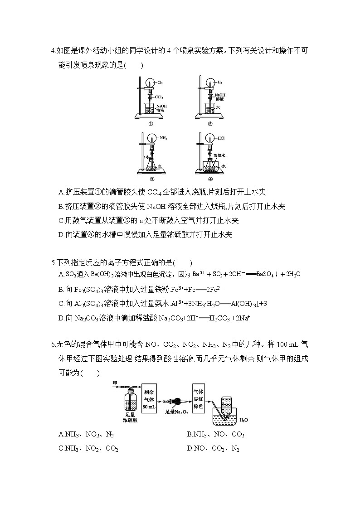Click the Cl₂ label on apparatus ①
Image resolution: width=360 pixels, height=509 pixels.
coord(160,82)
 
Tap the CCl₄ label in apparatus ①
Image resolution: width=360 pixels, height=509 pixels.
coord(159,97)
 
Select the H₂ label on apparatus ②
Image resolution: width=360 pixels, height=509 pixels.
coord(219,82)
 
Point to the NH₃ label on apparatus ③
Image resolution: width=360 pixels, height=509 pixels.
coord(163,138)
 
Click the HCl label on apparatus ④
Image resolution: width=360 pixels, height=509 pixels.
coord(221,138)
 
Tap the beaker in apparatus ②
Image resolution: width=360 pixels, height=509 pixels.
coord(209,109)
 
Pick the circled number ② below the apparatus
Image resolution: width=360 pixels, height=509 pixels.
coord(210,124)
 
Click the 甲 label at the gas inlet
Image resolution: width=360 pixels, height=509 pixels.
coord(115,383)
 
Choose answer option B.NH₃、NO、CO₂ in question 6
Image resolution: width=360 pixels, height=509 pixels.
coord(215,435)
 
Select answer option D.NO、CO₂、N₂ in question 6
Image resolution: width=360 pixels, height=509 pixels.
coord(213,449)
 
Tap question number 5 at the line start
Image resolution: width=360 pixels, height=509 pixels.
coord(53,262)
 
